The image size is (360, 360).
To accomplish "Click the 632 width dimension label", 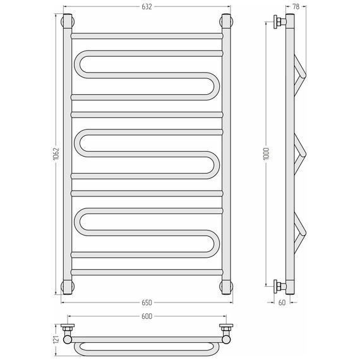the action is tap(147, 7).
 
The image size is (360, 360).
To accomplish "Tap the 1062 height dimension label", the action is tap(56, 154).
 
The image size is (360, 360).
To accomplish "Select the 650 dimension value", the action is tap(147, 303).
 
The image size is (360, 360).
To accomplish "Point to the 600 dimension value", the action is tap(147, 316).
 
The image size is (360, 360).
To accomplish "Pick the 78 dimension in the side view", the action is tap(296, 7).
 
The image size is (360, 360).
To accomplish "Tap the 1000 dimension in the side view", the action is tap(267, 154).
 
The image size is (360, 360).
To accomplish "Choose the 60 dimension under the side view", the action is tap(282, 303).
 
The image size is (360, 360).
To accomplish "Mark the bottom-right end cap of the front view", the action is tap(226, 287).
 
